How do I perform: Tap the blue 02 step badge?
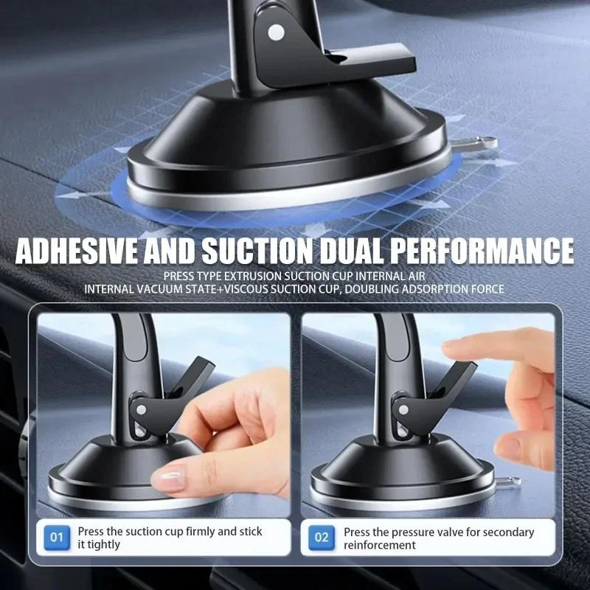coord(322,538)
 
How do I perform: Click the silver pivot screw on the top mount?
coord(277,32)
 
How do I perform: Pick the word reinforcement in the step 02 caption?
coord(380,546)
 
